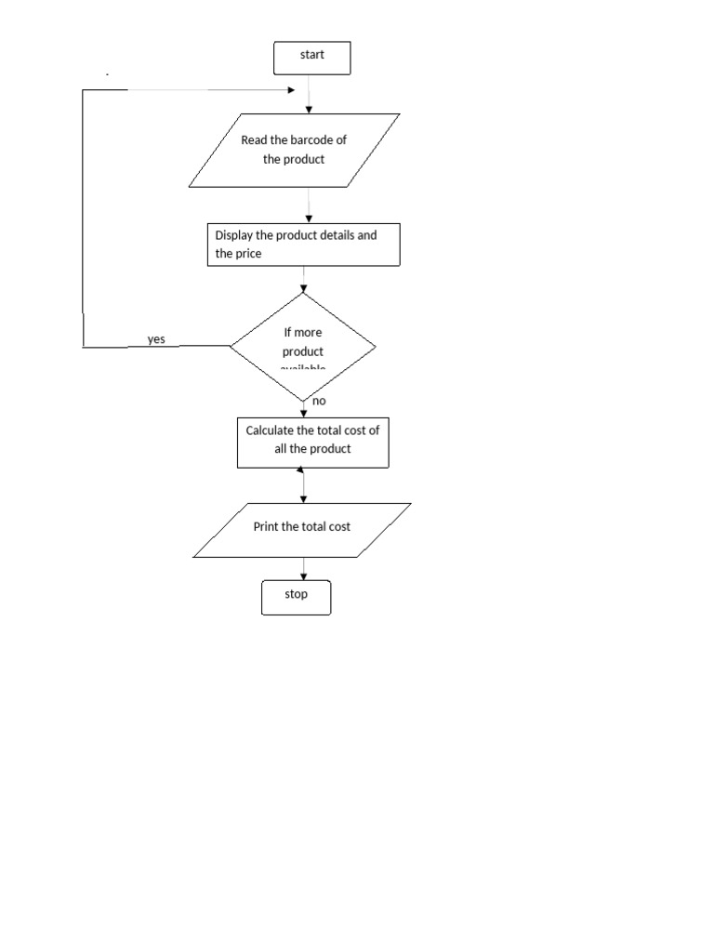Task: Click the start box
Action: pyautogui.click(x=311, y=58)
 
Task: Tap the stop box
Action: pyautogui.click(x=296, y=597)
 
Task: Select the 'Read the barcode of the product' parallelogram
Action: pyautogui.click(x=294, y=150)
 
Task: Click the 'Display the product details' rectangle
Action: pyautogui.click(x=303, y=245)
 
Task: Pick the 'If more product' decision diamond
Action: pyautogui.click(x=303, y=347)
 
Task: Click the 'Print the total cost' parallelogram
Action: pyautogui.click(x=302, y=530)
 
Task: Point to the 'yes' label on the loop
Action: pyautogui.click(x=156, y=339)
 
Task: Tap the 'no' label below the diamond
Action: pyautogui.click(x=319, y=401)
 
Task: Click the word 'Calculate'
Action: pyautogui.click(x=271, y=430)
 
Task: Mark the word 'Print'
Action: pyautogui.click(x=266, y=526)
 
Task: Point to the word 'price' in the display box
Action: pyautogui.click(x=248, y=254)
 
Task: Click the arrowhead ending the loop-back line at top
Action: pyautogui.click(x=292, y=90)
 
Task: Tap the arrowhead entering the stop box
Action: pyautogui.click(x=303, y=577)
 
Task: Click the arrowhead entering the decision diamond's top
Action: pyautogui.click(x=303, y=288)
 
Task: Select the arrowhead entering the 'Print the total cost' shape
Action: pyautogui.click(x=303, y=498)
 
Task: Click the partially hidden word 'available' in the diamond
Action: pyautogui.click(x=303, y=368)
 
